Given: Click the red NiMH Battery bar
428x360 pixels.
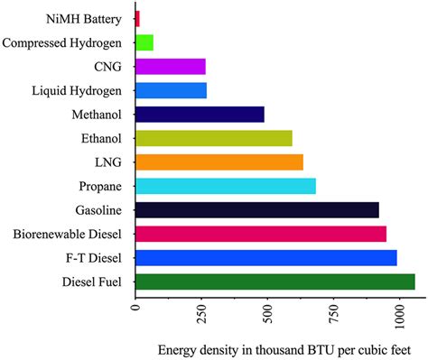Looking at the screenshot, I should pos(137,18).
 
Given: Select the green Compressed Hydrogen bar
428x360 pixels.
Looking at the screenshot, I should pos(144,42).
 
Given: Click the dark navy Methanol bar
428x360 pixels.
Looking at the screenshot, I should pos(200,114).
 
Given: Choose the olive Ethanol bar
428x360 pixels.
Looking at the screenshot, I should pos(214,138).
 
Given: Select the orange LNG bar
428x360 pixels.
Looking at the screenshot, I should pos(219,162).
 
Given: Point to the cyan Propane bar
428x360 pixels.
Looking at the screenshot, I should pos(226,186).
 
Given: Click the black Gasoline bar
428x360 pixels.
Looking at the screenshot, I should pos(257,210).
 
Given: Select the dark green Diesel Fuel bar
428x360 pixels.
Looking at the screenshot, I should pos(275,282).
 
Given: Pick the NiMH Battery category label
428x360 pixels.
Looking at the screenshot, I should pos(86,18).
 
